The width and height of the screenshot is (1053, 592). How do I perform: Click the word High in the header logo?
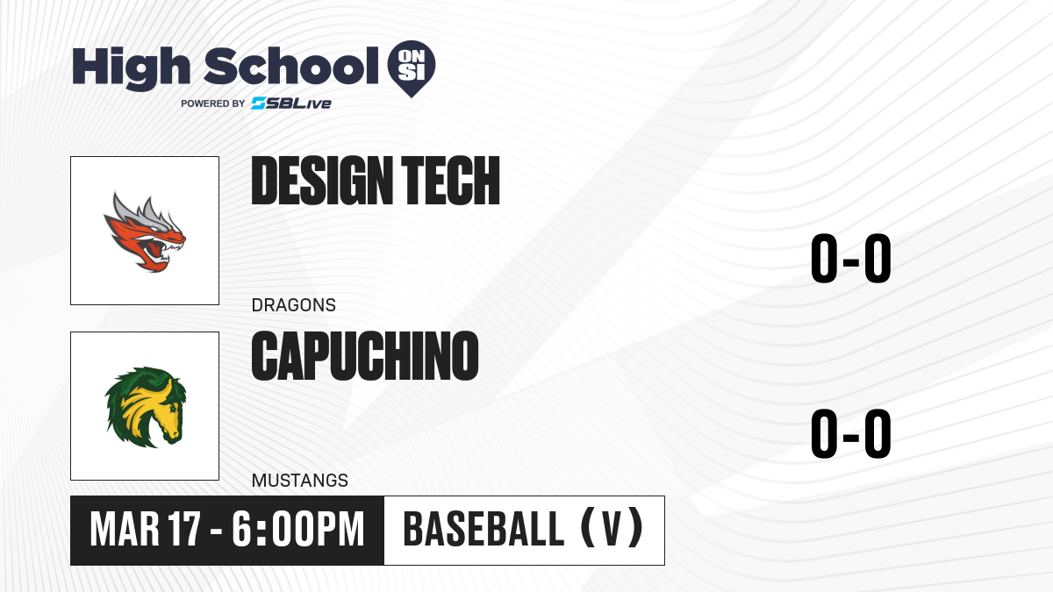tap(132, 68)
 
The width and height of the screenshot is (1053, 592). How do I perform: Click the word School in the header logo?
tap(291, 66)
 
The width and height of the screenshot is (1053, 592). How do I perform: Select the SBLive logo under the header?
tap(291, 103)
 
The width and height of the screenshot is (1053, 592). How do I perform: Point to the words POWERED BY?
tap(213, 103)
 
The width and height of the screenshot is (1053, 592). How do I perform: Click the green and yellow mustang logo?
tap(146, 407)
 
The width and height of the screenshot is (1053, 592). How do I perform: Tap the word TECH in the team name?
tap(450, 181)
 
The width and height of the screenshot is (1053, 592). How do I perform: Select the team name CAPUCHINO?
tap(365, 356)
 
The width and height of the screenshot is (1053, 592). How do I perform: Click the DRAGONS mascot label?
tap(294, 305)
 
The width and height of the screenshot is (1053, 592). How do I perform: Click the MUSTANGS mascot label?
tap(300, 481)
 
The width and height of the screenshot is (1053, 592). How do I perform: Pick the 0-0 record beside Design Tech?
tap(851, 259)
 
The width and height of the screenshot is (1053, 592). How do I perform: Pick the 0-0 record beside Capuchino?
tap(851, 433)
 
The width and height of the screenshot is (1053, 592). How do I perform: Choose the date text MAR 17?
tap(146, 530)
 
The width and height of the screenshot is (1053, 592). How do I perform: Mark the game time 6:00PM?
tap(298, 530)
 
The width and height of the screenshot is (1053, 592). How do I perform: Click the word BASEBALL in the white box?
tap(484, 530)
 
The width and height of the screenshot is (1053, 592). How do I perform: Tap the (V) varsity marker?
tap(612, 529)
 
